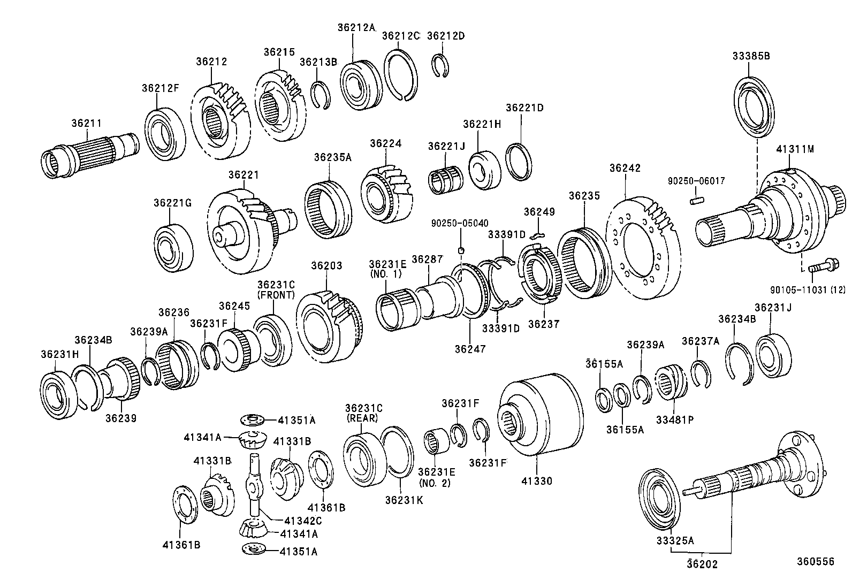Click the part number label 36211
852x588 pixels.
tap(86, 123)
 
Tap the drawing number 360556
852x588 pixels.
tap(815, 561)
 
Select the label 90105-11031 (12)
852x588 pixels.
tap(808, 289)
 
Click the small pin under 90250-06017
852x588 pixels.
tap(695, 201)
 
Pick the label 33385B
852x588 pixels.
tap(751, 55)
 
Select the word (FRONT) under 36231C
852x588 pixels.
tap(276, 295)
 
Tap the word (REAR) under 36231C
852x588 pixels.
tap(362, 418)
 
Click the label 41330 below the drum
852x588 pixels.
tap(536, 481)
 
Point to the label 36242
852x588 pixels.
tap(625, 168)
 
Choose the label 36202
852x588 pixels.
tap(703, 564)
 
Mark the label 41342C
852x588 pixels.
tap(303, 520)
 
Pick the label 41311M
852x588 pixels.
tap(795, 150)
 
